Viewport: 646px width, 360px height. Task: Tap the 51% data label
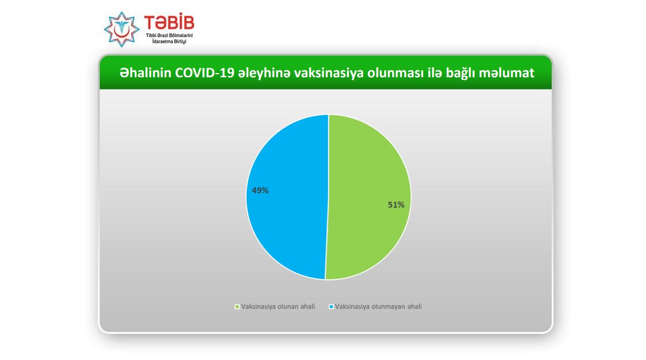(396, 204)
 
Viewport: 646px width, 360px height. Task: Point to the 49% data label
(260, 190)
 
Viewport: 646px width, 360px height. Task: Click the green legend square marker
(237, 307)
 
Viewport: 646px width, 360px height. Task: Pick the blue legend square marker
(331, 307)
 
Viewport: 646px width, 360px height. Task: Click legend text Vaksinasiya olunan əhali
(278, 307)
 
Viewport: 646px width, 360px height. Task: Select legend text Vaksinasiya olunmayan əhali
(378, 307)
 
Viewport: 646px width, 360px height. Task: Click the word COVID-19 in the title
(204, 73)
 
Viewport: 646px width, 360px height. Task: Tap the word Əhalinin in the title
(145, 73)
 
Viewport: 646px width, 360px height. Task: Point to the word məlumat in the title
(507, 73)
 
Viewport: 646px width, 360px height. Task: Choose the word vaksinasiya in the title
(329, 73)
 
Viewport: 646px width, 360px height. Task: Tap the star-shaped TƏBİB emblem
(122, 29)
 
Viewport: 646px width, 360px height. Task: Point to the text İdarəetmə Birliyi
(169, 42)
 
